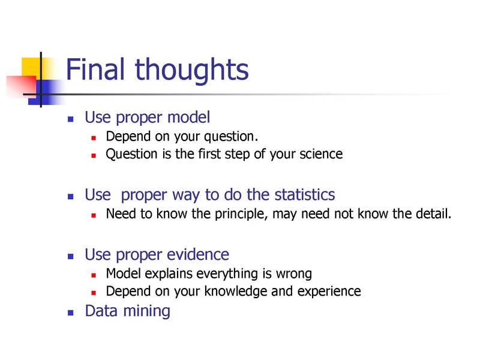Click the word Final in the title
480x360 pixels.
[95, 69]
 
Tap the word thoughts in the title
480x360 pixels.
[191, 71]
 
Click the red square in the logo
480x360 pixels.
[22, 86]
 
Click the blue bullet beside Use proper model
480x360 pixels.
[71, 119]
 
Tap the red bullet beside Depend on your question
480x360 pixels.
[94, 138]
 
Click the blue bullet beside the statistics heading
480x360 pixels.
[71, 197]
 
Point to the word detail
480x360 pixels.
[433, 214]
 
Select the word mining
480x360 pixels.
[146, 311]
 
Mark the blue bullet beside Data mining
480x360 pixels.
[71, 313]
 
